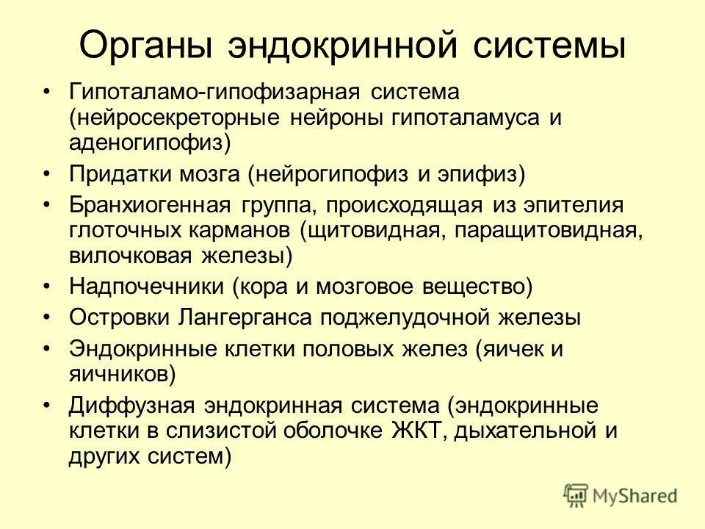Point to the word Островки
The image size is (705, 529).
pyautogui.click(x=118, y=317)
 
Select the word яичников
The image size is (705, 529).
pyautogui.click(x=122, y=374)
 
